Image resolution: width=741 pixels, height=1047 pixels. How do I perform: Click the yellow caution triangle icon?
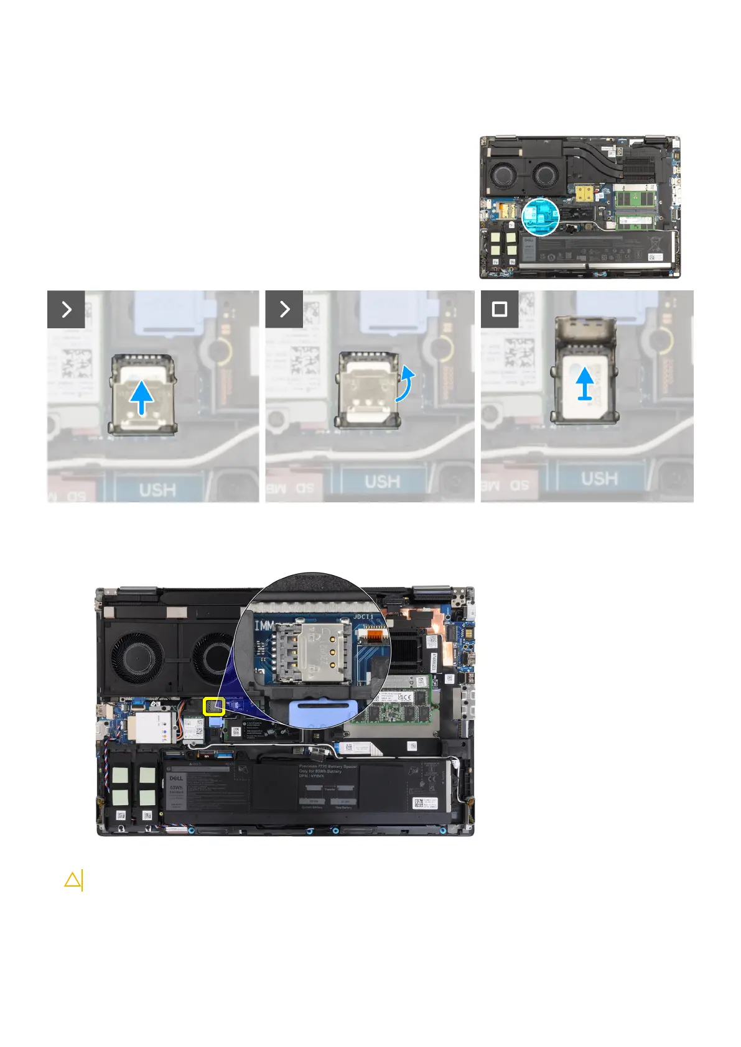click(73, 880)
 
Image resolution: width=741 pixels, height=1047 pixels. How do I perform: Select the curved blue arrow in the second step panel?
click(405, 384)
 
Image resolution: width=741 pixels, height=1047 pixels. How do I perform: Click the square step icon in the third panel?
click(500, 309)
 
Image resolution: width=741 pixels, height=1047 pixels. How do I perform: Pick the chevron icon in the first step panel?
click(66, 309)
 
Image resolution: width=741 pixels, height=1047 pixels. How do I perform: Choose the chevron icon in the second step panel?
click(284, 309)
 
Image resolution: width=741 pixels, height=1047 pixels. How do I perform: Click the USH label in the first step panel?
click(157, 490)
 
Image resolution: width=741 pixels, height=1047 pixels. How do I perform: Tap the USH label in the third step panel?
click(599, 479)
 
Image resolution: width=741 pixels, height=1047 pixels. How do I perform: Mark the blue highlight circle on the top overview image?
click(540, 216)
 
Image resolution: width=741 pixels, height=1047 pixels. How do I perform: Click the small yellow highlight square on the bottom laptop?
click(214, 706)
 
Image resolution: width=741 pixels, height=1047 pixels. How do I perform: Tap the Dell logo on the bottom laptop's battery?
click(176, 777)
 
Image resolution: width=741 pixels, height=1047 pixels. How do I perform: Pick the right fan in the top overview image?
click(544, 173)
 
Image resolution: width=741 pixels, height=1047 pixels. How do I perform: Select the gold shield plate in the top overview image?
click(584, 193)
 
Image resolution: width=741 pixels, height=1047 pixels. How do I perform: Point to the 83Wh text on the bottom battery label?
click(176, 788)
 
